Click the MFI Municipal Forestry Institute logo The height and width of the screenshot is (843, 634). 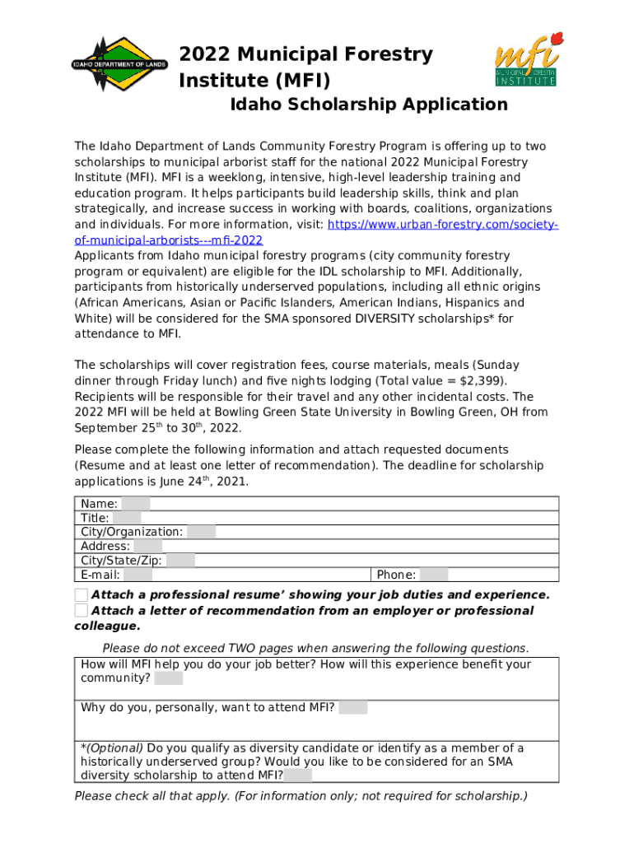[528, 60]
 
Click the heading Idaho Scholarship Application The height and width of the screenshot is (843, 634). [368, 105]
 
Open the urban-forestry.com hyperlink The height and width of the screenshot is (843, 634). [443, 225]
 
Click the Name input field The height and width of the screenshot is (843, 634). [137, 504]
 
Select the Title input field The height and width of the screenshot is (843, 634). [127, 518]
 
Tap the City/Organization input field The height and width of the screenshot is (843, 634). [201, 532]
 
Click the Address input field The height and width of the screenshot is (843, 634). [147, 546]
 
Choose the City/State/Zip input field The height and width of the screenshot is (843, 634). [180, 561]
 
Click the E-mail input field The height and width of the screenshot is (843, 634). [138, 575]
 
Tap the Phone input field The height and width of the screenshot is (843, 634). [434, 575]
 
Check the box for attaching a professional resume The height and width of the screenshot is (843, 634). [81, 594]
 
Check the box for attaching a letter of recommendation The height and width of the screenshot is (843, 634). [81, 610]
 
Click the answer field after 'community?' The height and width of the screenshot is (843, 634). [169, 678]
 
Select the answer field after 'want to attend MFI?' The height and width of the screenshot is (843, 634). [352, 707]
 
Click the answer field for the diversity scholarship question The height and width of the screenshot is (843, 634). [298, 775]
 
